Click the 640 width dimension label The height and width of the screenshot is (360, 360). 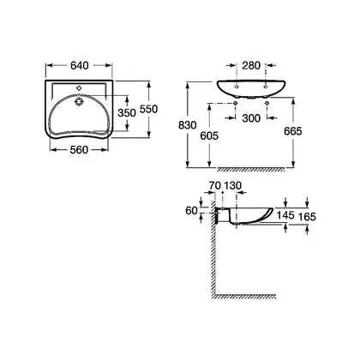tap(80, 65)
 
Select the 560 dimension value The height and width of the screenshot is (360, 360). tap(79, 149)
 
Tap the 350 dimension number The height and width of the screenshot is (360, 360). tap(127, 113)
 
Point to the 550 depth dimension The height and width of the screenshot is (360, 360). tap(148, 109)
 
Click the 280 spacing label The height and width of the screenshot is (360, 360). tap(251, 65)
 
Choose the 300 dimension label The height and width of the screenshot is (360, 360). tap(251, 117)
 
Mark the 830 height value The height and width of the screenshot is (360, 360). tap(188, 125)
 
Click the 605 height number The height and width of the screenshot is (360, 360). tap(209, 135)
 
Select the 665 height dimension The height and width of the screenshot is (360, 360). tap(293, 131)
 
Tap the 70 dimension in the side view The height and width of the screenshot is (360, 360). tap(214, 185)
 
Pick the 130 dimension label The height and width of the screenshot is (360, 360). tap(232, 185)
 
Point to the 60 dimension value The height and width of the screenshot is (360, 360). tap(191, 211)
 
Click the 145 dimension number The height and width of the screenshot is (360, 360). tap(285, 215)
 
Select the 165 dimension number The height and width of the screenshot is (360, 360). tap(307, 217)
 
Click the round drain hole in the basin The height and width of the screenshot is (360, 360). tap(78, 102)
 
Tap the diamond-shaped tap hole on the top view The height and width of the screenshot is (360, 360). tap(79, 88)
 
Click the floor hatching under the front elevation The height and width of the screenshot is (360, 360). tap(251, 170)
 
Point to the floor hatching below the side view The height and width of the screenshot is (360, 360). tap(245, 297)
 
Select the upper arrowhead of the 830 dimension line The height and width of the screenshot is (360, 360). tap(188, 85)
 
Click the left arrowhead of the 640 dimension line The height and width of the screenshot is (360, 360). tap(49, 65)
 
